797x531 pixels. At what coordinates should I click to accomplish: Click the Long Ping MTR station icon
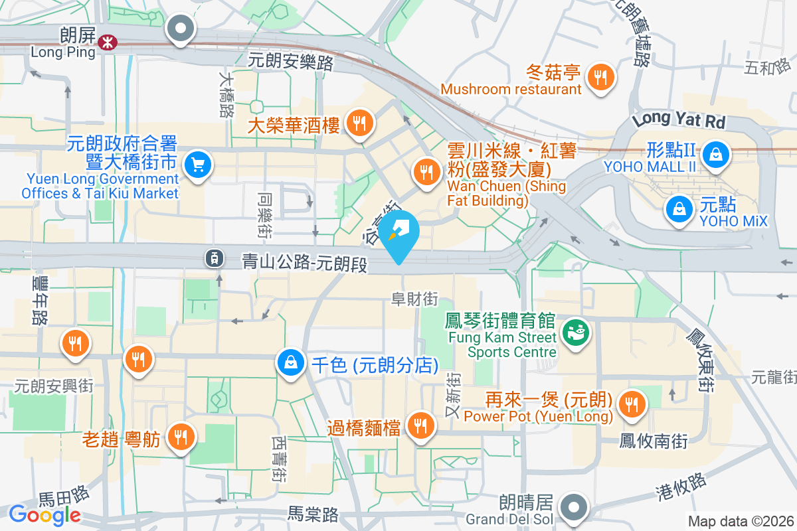106,42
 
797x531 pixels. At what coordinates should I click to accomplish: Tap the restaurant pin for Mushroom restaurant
600,77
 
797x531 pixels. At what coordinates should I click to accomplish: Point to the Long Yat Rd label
678,120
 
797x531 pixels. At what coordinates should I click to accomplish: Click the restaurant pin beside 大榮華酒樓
359,123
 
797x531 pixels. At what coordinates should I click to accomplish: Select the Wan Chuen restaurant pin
426,172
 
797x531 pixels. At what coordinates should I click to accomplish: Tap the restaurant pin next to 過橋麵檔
419,425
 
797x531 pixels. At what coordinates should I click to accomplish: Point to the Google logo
44,514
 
